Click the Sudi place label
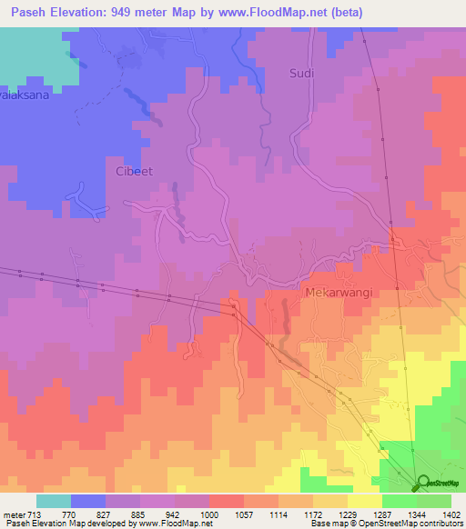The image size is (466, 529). point(301,74)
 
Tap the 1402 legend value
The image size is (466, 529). point(451,514)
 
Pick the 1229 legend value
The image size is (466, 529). point(349,514)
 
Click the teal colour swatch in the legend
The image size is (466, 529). point(54,501)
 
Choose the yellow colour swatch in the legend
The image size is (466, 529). point(365,501)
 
